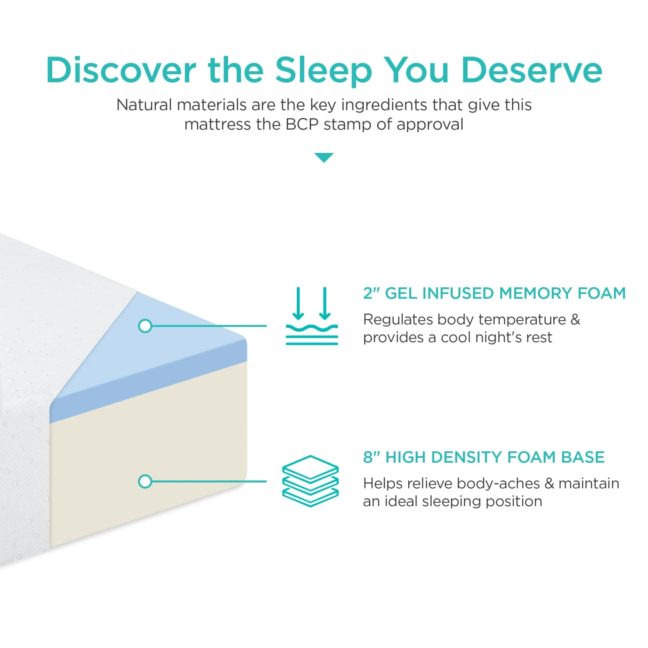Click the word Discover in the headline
point(121,70)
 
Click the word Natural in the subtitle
point(144,105)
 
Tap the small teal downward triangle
point(324,157)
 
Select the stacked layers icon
point(310,481)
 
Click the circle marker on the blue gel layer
point(145,326)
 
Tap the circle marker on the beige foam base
point(145,481)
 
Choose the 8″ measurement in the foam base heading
point(371,457)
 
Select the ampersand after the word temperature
point(575,319)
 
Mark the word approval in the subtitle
point(430,124)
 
